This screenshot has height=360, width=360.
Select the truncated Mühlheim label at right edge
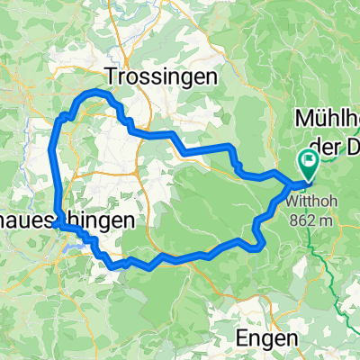(x=328, y=120)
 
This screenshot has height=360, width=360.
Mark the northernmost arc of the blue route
(x=95, y=94)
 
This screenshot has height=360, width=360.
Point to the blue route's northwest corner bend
(x=61, y=118)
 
